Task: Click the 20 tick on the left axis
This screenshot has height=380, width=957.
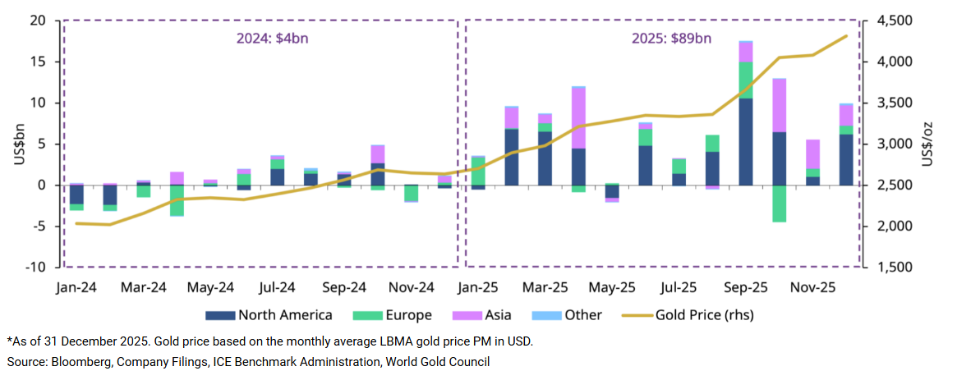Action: click(x=39, y=21)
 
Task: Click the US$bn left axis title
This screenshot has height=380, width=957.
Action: click(x=18, y=144)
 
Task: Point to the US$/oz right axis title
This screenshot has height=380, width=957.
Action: click(x=928, y=144)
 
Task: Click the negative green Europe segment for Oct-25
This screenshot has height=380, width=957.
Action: click(x=779, y=204)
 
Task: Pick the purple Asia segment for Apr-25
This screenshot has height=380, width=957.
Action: click(x=578, y=117)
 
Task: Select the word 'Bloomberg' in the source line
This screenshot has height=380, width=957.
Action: click(x=75, y=361)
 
